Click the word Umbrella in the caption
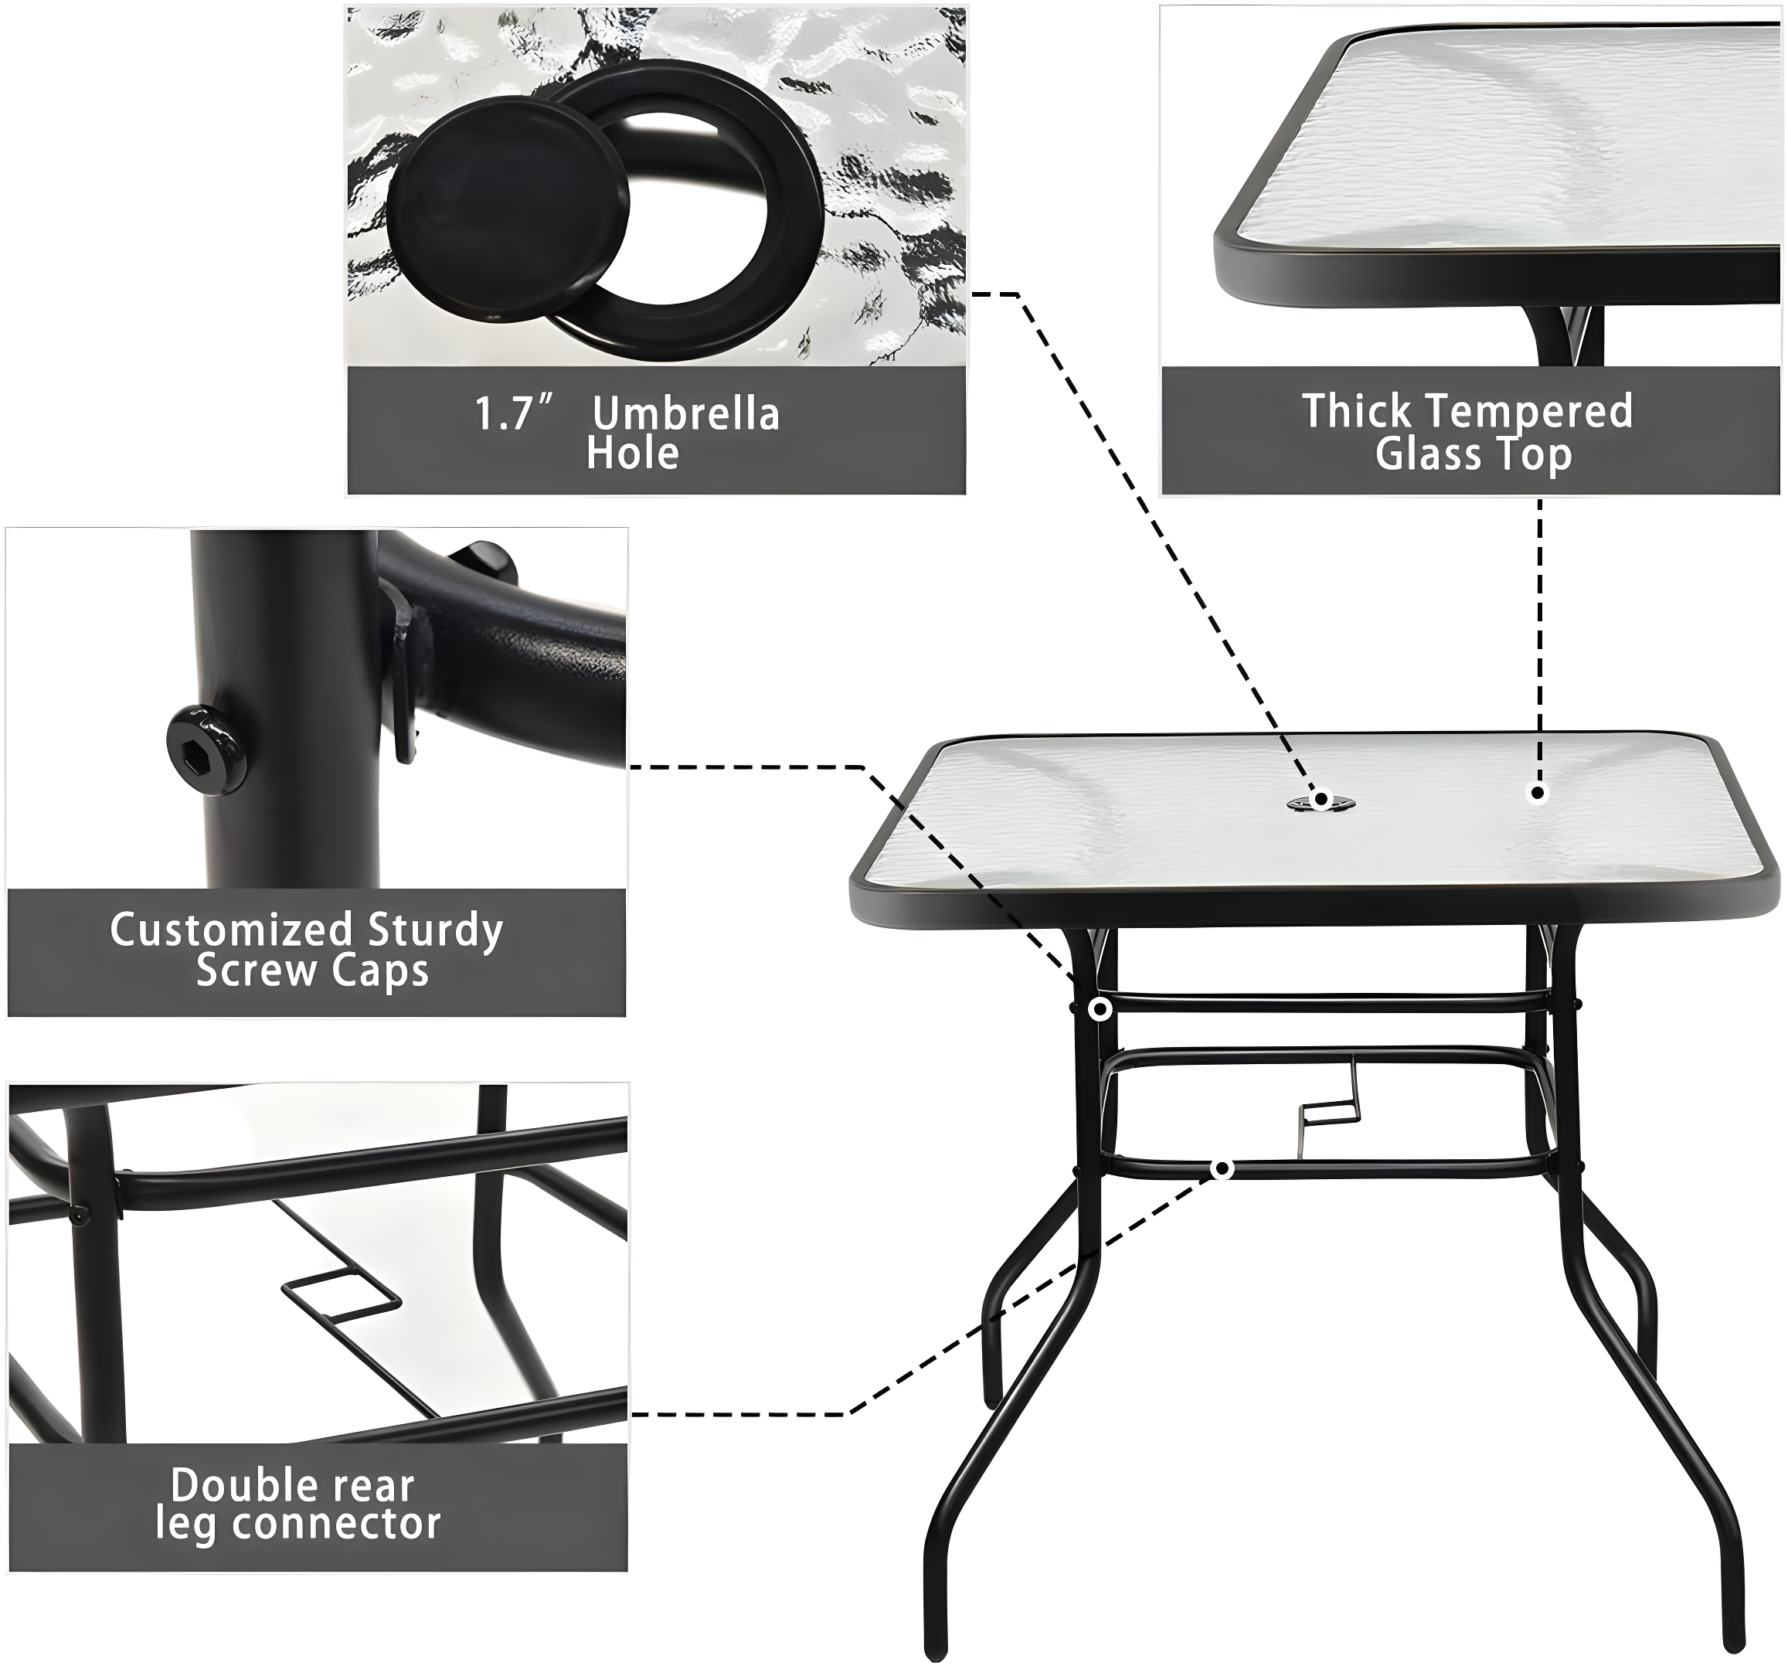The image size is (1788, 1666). click(x=685, y=414)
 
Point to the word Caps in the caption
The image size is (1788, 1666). click(x=379, y=971)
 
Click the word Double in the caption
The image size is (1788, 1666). click(x=229, y=1485)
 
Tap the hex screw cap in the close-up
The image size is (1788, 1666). click(x=206, y=749)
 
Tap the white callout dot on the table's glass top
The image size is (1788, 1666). click(x=1538, y=793)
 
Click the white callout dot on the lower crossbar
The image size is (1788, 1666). click(x=1222, y=1169)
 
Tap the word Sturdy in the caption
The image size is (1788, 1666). click(x=434, y=930)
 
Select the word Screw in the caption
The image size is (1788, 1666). click(x=257, y=971)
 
